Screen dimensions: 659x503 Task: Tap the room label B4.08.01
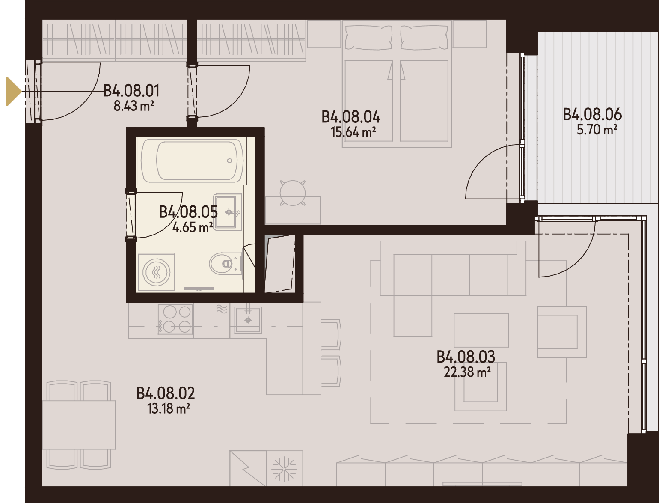(x=131, y=91)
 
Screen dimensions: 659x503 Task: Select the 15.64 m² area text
(x=353, y=132)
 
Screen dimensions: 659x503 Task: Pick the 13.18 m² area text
(x=169, y=408)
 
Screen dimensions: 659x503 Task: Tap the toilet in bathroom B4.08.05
(x=225, y=264)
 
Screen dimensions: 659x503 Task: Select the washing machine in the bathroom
(x=157, y=272)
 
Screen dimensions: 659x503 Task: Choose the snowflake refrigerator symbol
(x=284, y=468)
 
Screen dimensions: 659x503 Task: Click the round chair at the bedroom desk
(x=293, y=193)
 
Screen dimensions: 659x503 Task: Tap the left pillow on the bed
(x=369, y=37)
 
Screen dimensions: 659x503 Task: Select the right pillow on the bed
(x=424, y=37)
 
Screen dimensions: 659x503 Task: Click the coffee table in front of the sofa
(x=481, y=330)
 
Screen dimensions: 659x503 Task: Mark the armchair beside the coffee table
(x=562, y=332)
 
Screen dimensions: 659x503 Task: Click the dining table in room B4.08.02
(x=79, y=425)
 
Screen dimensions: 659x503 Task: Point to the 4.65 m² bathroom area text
(x=193, y=227)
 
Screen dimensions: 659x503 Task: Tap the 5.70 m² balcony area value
(x=597, y=130)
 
